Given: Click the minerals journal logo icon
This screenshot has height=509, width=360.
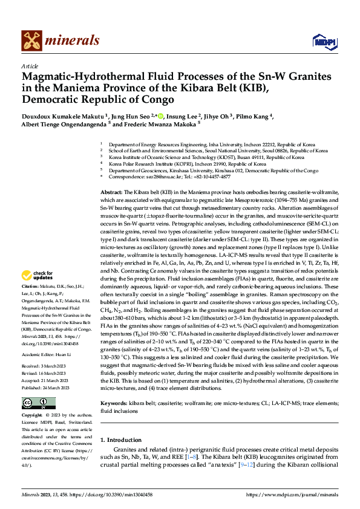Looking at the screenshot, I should point(31,40).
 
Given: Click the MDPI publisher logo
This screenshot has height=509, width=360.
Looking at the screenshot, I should point(321,41).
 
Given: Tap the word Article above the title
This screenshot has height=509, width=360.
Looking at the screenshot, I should point(30,65).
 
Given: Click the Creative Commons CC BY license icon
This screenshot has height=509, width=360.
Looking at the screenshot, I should point(35,403).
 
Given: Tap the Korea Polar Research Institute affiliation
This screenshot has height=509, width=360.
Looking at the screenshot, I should point(187,164).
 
